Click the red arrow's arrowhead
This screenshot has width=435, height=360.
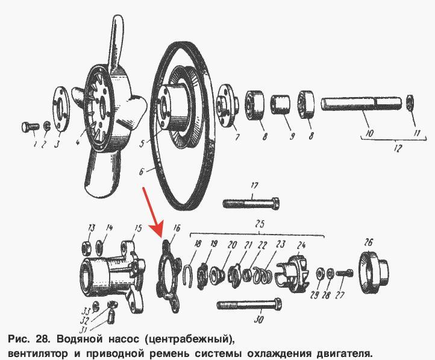[158, 230]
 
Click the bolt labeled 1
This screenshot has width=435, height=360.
[30, 127]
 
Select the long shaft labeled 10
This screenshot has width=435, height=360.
[361, 104]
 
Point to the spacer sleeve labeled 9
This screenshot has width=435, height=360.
[281, 104]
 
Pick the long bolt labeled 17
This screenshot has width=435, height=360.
[251, 203]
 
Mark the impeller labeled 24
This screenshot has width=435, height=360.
[293, 274]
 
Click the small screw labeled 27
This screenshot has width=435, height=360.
[345, 273]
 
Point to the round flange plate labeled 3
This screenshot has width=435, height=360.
[61, 109]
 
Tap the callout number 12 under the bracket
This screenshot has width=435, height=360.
[397, 148]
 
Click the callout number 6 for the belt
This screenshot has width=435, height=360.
[142, 171]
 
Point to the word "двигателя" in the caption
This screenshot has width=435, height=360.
[344, 353]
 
